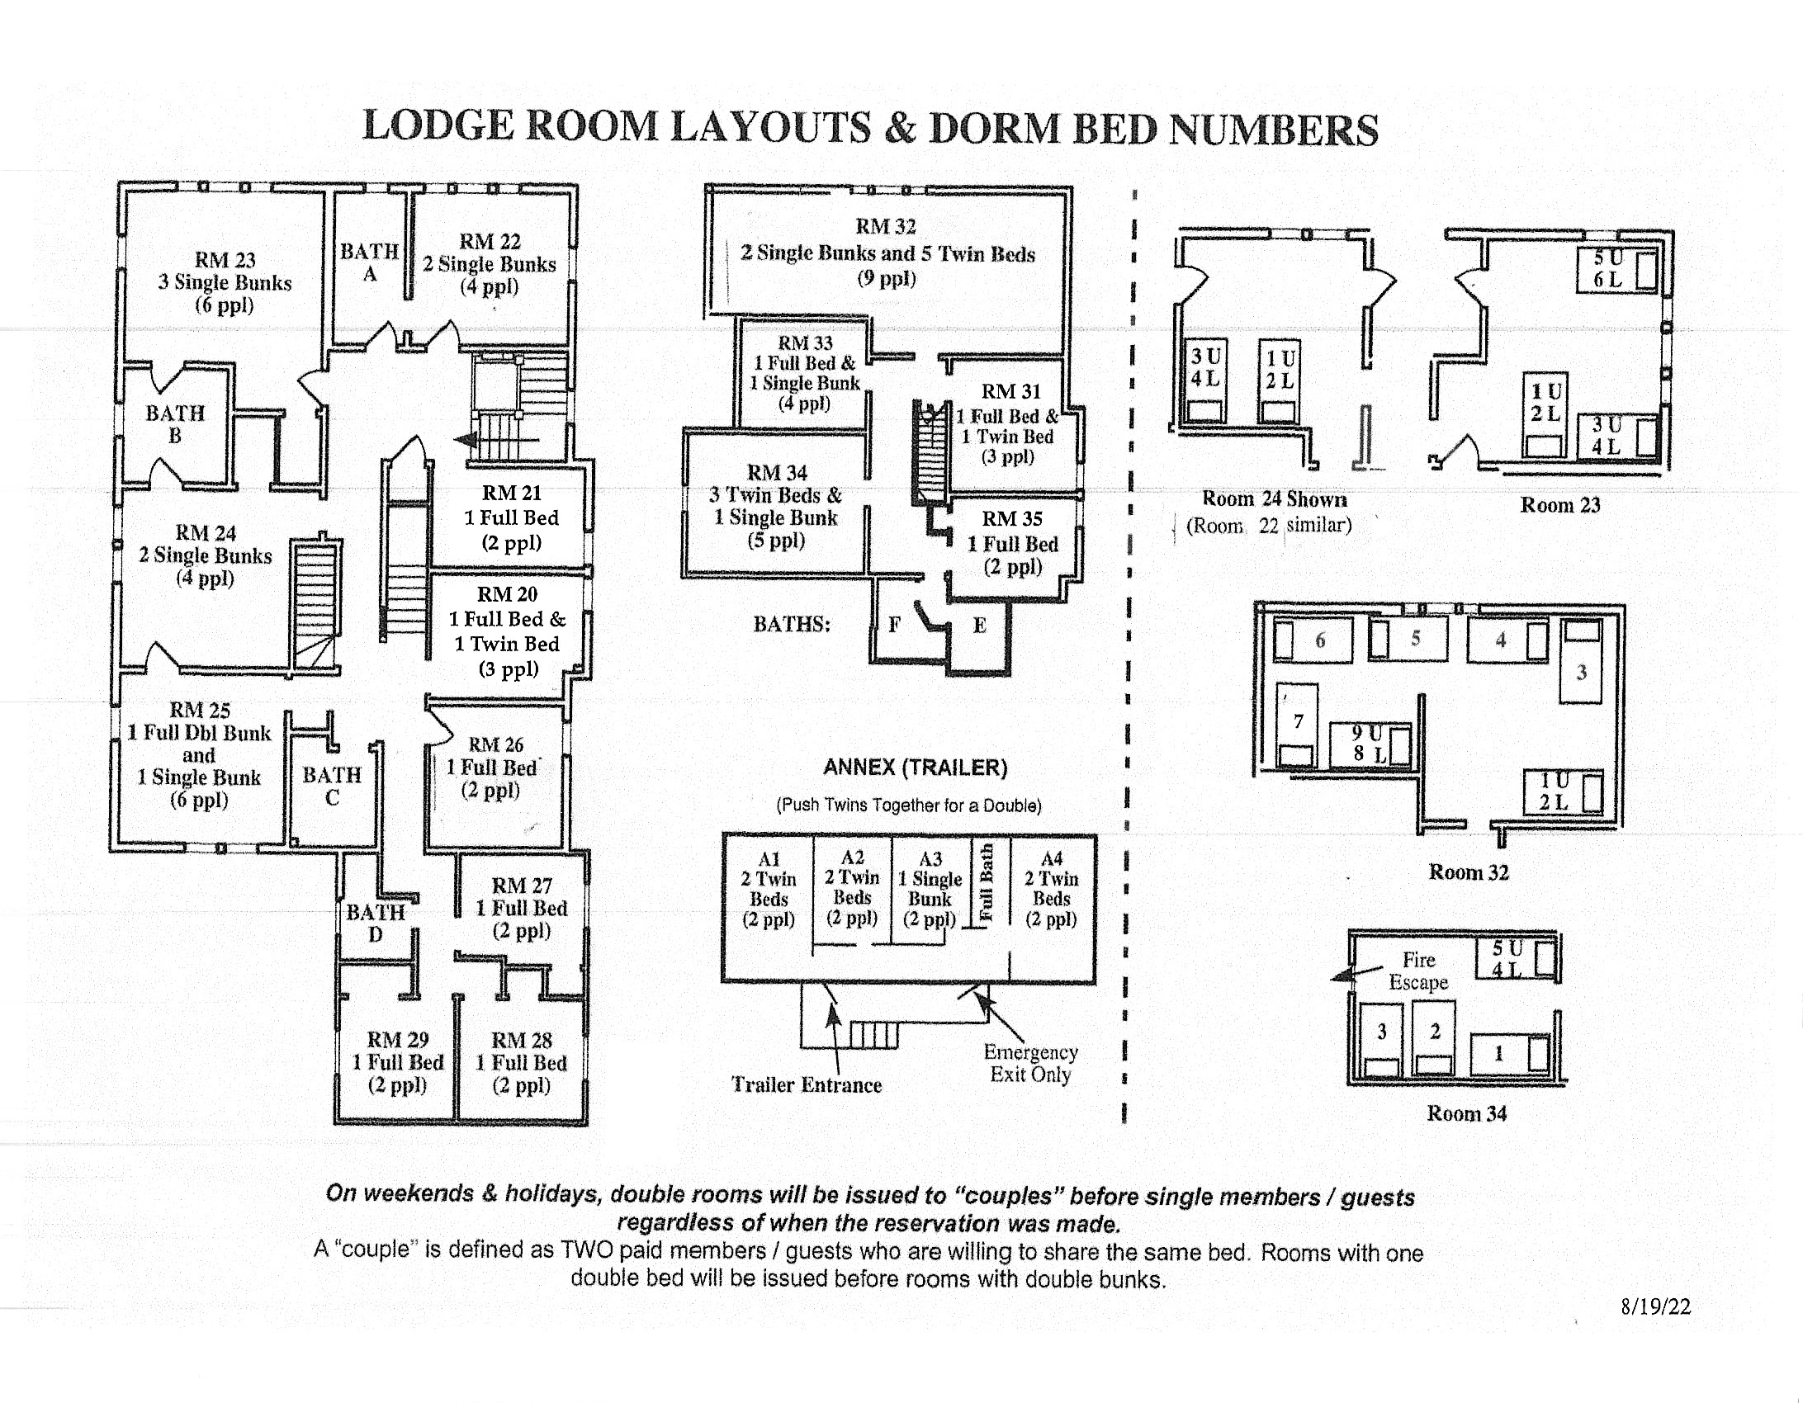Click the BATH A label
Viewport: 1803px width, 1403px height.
(x=370, y=262)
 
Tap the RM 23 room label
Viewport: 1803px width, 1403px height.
(x=225, y=260)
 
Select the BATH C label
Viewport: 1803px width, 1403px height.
(x=332, y=786)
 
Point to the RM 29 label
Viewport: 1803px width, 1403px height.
(x=398, y=1040)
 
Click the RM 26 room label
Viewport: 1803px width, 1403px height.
(x=496, y=744)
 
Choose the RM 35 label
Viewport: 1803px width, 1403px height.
(x=1012, y=519)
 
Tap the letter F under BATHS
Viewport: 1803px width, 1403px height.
(x=894, y=625)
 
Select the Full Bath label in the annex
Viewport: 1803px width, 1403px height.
(x=986, y=882)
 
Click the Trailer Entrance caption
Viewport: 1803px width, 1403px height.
(x=807, y=1084)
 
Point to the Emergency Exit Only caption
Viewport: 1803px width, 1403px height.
(x=1030, y=1063)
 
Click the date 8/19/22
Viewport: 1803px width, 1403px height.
(x=1655, y=1306)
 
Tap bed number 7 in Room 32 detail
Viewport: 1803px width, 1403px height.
(x=1299, y=721)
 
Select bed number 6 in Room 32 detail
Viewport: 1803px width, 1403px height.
(x=1320, y=640)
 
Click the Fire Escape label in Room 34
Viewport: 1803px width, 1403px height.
(x=1418, y=971)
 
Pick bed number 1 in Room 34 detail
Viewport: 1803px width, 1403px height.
(x=1498, y=1053)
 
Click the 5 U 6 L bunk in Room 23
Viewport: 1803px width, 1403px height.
(x=1608, y=268)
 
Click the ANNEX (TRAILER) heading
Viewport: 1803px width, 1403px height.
(x=915, y=768)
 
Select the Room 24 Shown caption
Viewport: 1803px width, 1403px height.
(x=1274, y=498)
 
